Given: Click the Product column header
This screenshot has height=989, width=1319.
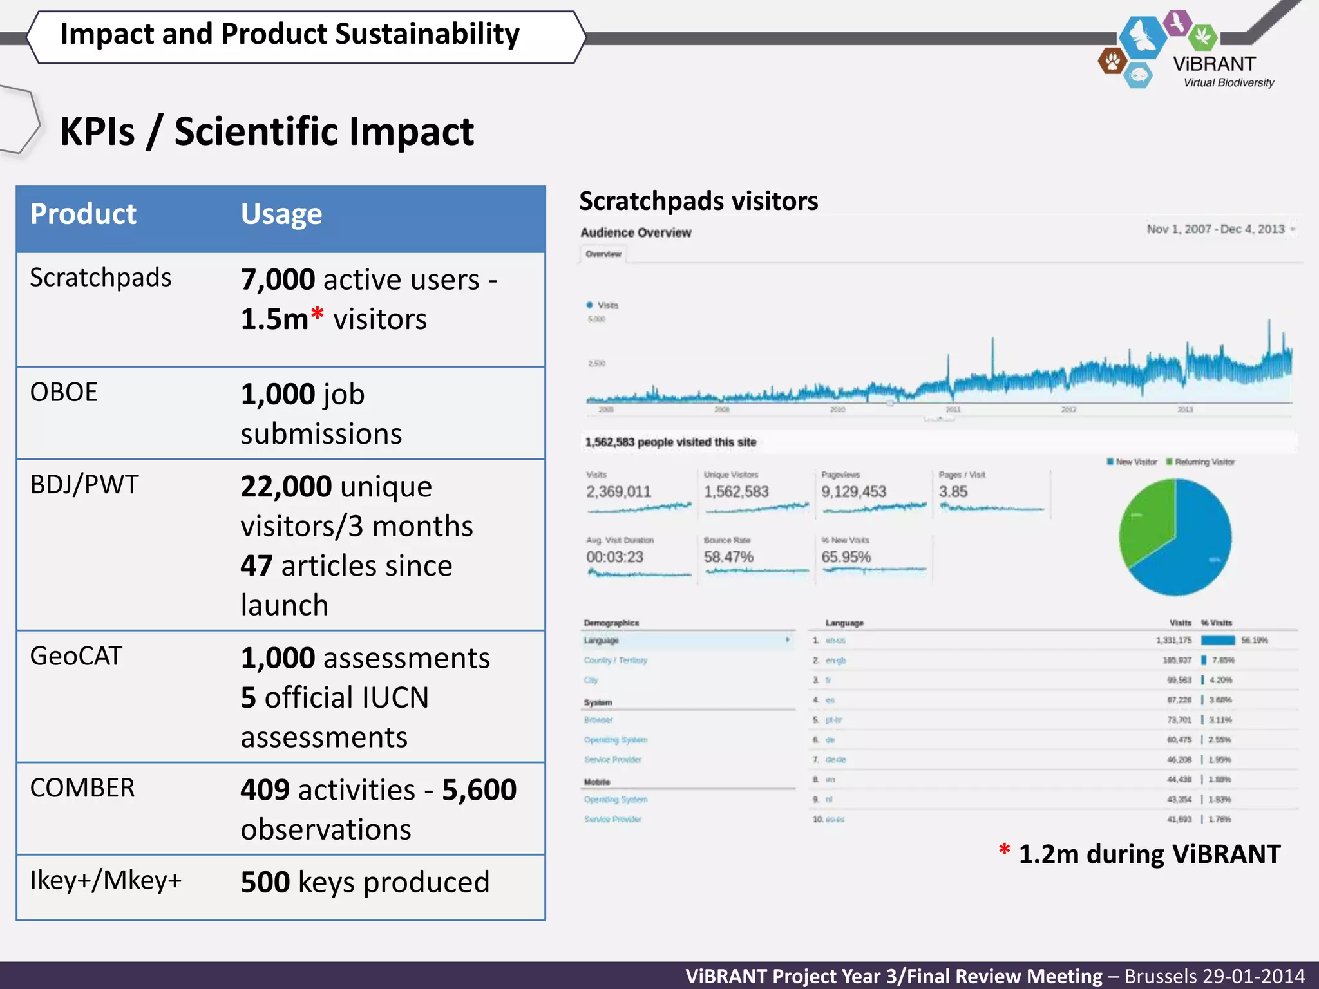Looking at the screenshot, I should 83,214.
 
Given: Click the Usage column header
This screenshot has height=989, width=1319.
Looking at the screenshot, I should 281,214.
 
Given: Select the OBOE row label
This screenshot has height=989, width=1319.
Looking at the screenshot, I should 64,392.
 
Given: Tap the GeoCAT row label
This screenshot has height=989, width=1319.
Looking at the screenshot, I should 76,656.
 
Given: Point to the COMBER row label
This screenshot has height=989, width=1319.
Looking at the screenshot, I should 82,788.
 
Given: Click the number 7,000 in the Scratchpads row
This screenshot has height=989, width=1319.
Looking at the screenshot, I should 278,280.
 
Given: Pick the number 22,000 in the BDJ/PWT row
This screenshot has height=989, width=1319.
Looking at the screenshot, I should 286,487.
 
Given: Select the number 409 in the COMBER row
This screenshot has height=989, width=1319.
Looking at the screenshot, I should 264,790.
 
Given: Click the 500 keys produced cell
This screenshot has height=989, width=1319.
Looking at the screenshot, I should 365,882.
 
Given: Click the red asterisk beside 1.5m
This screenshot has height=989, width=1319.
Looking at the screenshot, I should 317,314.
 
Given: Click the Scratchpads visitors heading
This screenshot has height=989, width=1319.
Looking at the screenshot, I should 698,201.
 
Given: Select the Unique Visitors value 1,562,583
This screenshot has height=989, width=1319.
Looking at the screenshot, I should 736,492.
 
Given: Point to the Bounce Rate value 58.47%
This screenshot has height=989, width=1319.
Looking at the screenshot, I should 728,557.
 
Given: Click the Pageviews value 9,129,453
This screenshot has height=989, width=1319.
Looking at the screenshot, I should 853,492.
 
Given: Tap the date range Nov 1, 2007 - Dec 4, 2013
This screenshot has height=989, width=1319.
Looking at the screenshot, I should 1215,229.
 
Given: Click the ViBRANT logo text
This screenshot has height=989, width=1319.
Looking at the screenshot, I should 1214,64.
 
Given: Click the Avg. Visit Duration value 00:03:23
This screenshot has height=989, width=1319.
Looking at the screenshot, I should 614,557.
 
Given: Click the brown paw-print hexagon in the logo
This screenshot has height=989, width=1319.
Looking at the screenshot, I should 1112,62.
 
